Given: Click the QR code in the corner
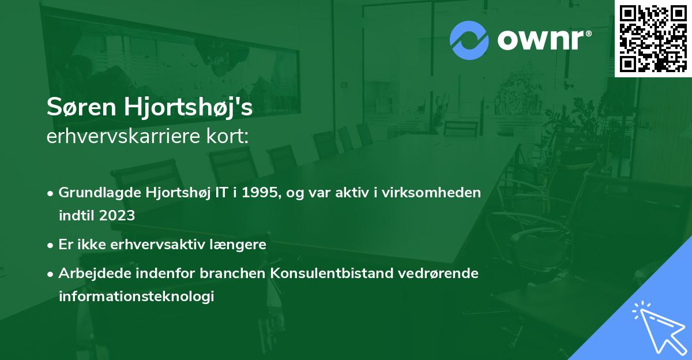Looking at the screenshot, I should [653, 39].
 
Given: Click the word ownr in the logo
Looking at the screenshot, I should [543, 40].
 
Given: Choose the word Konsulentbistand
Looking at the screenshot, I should [331, 273].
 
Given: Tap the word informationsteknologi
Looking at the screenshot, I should [136, 296].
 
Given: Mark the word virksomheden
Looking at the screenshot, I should [437, 193].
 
